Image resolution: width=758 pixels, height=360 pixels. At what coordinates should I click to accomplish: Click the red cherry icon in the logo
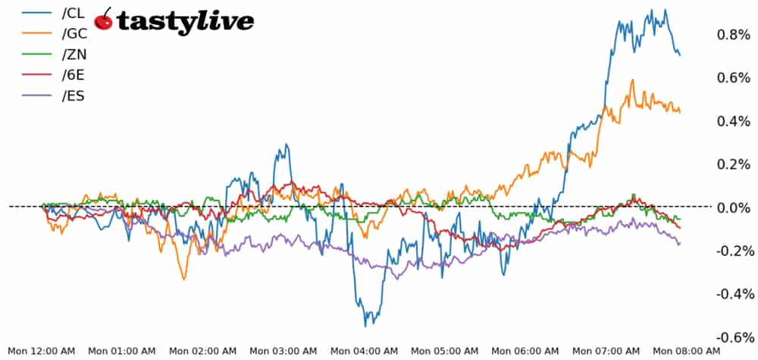point(104,21)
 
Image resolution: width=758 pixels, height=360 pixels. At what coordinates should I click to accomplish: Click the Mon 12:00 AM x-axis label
point(41,351)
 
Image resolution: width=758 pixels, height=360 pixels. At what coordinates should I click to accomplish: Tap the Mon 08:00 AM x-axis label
point(686,351)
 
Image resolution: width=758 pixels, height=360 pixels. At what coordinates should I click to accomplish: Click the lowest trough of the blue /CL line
point(366,326)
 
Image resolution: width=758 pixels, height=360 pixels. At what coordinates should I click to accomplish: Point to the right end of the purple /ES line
point(679,243)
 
